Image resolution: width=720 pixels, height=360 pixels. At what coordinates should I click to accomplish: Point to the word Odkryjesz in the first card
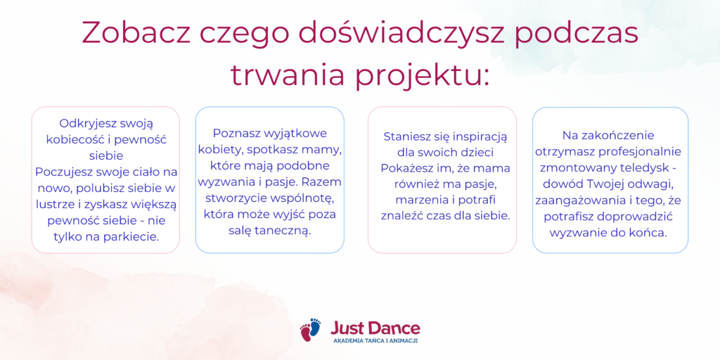(86, 124)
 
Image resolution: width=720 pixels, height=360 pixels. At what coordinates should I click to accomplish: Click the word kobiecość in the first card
(73, 139)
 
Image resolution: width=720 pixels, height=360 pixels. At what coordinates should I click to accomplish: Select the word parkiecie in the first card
(139, 236)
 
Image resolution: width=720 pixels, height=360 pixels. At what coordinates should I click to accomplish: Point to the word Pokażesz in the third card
(406, 169)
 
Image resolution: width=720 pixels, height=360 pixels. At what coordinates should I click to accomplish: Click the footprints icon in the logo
(310, 330)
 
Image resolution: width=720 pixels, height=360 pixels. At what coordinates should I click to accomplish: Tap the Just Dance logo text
(375, 328)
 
